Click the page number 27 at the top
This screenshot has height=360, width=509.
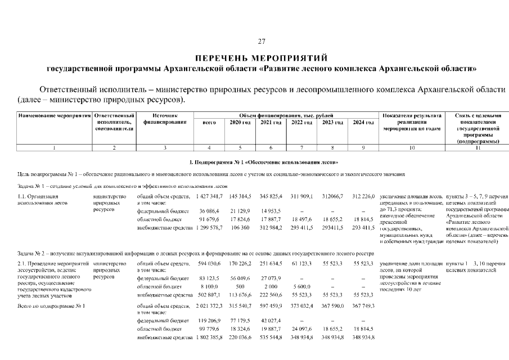pos(261,42)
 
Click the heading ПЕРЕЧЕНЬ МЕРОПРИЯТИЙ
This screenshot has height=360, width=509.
pos(261,58)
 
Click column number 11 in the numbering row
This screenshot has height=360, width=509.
pos(478,147)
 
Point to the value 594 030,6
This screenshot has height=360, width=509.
pos(209,263)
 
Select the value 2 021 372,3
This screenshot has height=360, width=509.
pos(208,306)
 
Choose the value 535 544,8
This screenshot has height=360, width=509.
pos(271,337)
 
